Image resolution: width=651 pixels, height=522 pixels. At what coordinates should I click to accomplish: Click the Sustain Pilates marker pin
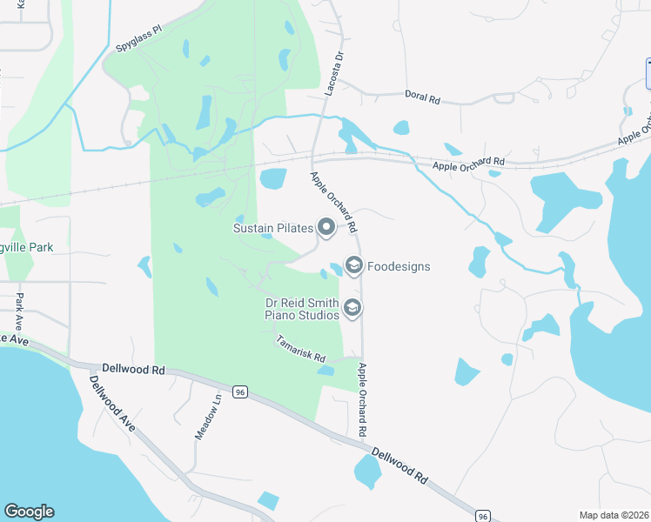[326, 228]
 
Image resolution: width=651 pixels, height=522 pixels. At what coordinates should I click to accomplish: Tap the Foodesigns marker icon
[353, 265]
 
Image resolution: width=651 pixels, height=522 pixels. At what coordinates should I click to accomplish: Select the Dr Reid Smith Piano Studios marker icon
[352, 308]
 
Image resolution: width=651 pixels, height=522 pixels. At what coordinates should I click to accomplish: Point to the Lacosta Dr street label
[333, 71]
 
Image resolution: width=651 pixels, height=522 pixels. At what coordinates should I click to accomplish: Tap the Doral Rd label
[422, 97]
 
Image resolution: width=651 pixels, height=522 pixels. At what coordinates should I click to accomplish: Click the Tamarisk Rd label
[301, 349]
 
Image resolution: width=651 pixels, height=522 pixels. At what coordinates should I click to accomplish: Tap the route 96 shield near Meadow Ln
[240, 392]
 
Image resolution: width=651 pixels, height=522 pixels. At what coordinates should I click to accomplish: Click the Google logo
[29, 512]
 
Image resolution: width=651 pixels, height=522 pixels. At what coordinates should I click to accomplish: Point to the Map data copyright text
[613, 515]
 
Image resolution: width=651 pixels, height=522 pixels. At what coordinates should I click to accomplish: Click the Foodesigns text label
[399, 266]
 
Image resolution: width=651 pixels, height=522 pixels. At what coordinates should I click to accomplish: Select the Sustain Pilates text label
[272, 228]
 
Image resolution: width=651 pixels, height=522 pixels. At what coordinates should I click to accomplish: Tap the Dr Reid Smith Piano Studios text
[301, 308]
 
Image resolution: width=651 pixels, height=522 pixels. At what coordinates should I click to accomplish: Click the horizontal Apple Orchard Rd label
[468, 162]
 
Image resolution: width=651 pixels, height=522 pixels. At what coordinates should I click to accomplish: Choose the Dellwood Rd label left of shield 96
[133, 370]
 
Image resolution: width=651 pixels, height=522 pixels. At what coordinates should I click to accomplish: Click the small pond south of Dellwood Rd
[367, 472]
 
